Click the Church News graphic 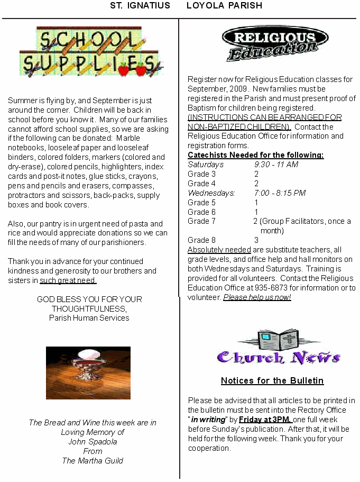279,349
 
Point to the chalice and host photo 88,372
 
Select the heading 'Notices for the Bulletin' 272,381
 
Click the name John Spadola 93,442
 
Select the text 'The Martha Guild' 93,461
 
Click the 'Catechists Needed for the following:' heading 255,155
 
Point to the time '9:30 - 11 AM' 276,165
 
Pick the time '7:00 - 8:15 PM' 280,193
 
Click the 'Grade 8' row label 201,240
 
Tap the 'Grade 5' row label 201,203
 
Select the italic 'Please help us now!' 257,297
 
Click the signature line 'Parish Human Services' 89,318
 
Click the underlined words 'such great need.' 68,280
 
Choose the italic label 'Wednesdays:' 211,193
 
